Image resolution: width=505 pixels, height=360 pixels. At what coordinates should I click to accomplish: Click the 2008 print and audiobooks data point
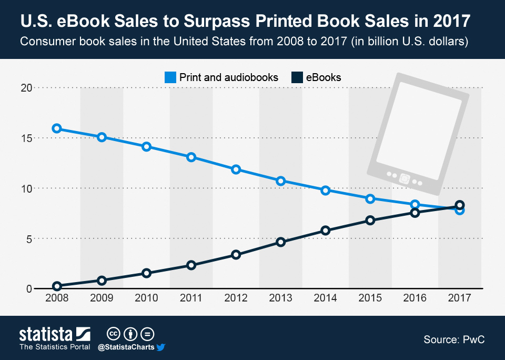(57, 128)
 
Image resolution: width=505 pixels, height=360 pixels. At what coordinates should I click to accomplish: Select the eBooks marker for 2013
(280, 242)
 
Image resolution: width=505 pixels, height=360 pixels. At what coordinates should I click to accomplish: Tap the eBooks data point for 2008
(57, 286)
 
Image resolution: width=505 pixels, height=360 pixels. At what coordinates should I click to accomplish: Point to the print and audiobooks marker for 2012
(236, 169)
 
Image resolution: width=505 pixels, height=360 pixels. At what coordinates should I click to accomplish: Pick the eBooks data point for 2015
(370, 220)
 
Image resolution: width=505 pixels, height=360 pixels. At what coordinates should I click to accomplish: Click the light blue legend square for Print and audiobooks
(170, 77)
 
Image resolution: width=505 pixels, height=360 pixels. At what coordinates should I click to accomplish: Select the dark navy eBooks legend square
(297, 77)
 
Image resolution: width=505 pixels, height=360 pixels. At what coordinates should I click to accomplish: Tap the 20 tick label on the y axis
(26, 88)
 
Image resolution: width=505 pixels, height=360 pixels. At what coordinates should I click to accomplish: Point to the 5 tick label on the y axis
(28, 238)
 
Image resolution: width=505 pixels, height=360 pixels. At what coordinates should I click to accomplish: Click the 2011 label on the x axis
(191, 298)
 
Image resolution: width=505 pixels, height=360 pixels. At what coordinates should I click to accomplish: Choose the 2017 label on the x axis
(459, 298)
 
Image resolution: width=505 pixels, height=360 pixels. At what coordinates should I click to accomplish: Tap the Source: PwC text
(453, 340)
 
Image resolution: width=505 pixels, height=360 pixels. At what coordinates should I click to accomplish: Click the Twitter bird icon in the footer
(161, 347)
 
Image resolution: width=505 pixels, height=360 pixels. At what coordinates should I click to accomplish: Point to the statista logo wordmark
(46, 334)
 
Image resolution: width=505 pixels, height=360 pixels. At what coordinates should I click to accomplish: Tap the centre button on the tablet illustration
(404, 178)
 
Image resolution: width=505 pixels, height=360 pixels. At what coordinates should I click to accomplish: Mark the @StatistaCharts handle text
(126, 347)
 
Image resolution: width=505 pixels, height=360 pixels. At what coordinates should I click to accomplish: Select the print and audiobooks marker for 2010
(146, 146)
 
